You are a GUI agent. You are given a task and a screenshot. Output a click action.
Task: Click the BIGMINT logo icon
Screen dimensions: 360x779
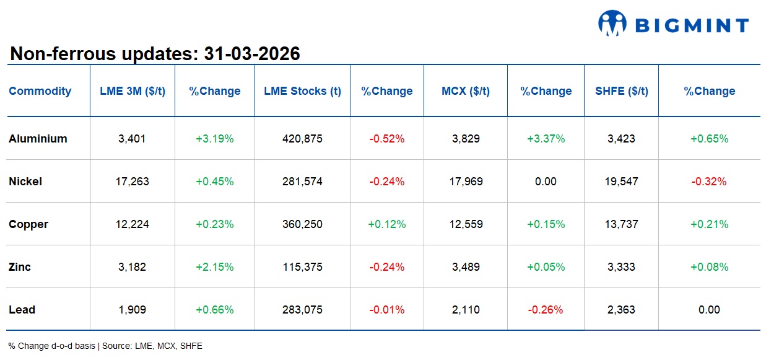pyautogui.click(x=612, y=23)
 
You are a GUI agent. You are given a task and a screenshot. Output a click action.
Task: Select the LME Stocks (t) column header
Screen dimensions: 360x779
pyautogui.click(x=302, y=91)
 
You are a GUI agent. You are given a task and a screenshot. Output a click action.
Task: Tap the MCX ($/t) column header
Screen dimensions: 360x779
pyautogui.click(x=466, y=91)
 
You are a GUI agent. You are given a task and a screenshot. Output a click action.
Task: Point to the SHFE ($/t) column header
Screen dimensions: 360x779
pyautogui.click(x=622, y=91)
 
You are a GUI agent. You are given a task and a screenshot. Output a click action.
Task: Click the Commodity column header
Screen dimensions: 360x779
pyautogui.click(x=40, y=91)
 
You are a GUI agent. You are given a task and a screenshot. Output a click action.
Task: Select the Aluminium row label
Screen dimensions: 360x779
pyautogui.click(x=38, y=139)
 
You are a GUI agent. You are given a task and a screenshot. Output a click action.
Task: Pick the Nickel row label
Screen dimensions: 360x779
pyautogui.click(x=25, y=182)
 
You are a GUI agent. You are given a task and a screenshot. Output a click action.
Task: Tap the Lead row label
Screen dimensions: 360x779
pyautogui.click(x=22, y=310)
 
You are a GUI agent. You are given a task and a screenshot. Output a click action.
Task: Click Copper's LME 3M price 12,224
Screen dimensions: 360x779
pyautogui.click(x=132, y=224)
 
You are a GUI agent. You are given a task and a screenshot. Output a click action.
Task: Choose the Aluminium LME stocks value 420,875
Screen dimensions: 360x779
pyautogui.click(x=302, y=139)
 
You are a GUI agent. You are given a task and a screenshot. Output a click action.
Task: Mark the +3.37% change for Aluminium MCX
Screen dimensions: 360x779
pyautogui.click(x=546, y=139)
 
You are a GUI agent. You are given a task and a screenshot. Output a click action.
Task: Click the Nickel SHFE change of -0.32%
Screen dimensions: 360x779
pyautogui.click(x=709, y=182)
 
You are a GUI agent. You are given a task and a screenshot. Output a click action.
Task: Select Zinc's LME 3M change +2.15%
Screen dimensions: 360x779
pyautogui.click(x=214, y=267)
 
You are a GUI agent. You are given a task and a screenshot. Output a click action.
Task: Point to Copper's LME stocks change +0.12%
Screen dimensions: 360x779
pyautogui.click(x=386, y=224)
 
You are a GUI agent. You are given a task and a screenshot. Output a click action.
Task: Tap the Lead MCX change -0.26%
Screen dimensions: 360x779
pyautogui.click(x=546, y=310)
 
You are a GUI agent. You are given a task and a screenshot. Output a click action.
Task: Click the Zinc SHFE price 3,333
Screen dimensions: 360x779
pyautogui.click(x=621, y=267)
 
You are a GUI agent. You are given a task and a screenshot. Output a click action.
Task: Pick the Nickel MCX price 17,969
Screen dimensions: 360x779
pyautogui.click(x=466, y=182)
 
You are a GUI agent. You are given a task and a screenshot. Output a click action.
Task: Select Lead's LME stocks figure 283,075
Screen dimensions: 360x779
pyautogui.click(x=302, y=310)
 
